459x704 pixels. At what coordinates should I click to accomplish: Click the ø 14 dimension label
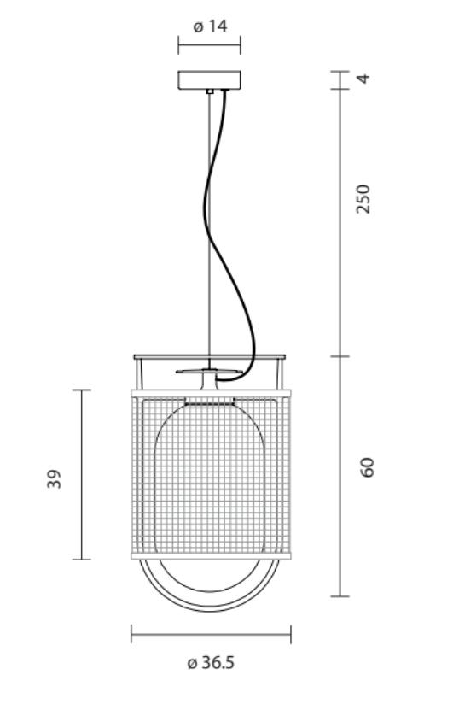point(210,26)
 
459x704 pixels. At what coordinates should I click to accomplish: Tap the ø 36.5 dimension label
point(210,662)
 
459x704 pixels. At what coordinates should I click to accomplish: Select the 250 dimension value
point(364,198)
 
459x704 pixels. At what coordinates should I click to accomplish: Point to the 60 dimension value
point(368,467)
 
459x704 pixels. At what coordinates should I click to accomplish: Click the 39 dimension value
point(54,478)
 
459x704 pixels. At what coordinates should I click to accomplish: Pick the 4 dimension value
point(364,79)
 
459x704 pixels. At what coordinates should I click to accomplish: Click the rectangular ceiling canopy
point(209,79)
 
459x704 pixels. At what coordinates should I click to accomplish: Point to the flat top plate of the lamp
point(209,355)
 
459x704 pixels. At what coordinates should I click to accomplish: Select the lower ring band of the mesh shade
point(210,555)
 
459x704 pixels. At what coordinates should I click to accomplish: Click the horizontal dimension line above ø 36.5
point(210,634)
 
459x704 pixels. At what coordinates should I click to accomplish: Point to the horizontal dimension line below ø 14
point(209,44)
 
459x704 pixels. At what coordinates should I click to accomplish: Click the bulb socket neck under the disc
point(209,382)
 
